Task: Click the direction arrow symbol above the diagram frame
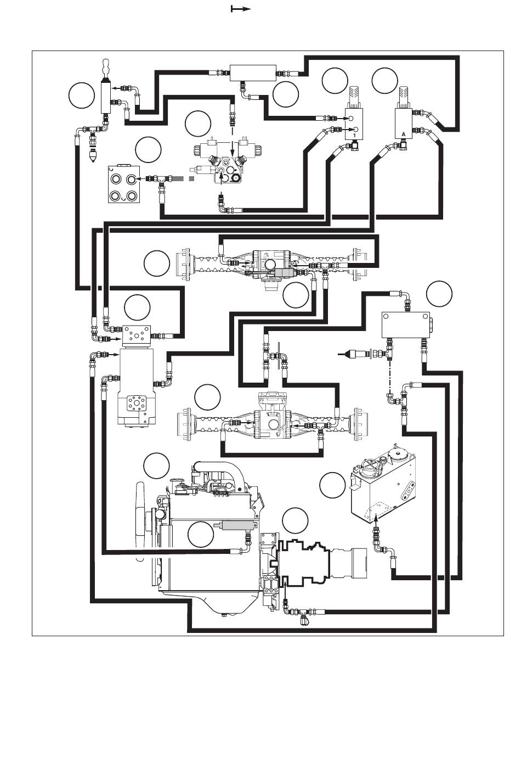241,9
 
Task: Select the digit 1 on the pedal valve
354,135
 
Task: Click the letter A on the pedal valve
403,134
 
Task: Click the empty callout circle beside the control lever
81,96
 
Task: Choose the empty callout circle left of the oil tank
332,485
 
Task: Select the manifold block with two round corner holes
405,324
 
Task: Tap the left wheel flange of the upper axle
184,265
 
